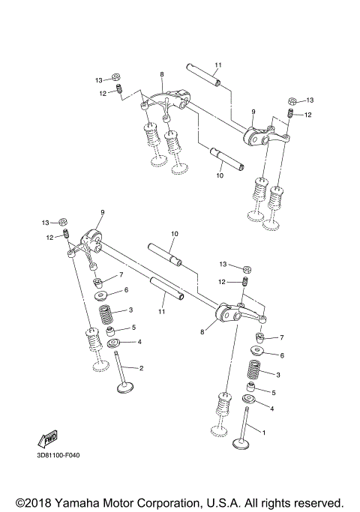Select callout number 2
tap(141, 368)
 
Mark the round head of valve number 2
tap(124, 389)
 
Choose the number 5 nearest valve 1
tap(273, 392)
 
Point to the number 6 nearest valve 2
tap(126, 289)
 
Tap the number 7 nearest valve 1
tap(281, 338)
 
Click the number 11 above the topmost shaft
tap(219, 65)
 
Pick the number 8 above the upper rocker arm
tap(161, 75)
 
